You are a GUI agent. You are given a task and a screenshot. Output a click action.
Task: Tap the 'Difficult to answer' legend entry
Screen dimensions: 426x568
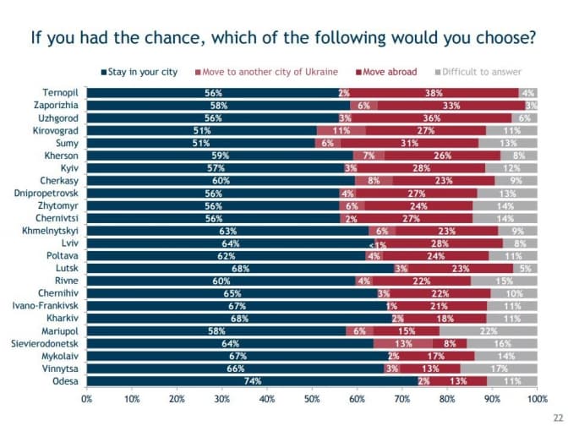tap(483, 72)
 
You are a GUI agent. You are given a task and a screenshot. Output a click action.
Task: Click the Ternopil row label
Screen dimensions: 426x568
tap(60, 92)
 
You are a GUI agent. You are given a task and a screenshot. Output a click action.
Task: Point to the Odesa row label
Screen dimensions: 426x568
tap(65, 381)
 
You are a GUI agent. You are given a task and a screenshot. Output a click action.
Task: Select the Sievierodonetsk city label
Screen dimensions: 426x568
tap(45, 344)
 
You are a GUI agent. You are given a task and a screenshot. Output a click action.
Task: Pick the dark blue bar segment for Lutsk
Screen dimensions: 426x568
tap(240, 268)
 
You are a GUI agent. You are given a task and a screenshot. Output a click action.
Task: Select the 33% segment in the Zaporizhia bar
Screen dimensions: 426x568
tap(451, 105)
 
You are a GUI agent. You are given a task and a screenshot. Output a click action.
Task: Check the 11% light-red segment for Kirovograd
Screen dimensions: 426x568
tap(341, 130)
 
